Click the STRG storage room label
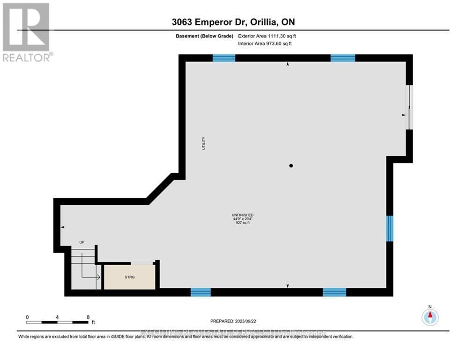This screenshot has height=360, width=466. click(x=130, y=277)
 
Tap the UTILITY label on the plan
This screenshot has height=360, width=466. click(x=204, y=143)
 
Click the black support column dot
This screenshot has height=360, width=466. click(x=291, y=165)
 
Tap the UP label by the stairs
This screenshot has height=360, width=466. click(x=81, y=242)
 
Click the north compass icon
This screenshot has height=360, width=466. click(x=429, y=317)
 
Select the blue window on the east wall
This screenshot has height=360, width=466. click(x=390, y=228)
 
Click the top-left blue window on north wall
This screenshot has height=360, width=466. click(x=223, y=58)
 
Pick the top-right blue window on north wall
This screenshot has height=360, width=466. click(x=343, y=58)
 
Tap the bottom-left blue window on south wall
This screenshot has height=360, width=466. click(x=200, y=292)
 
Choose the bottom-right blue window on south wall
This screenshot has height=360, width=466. click(x=334, y=292)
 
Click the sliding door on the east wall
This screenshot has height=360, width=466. click(x=410, y=107)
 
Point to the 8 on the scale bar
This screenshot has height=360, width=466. click(x=88, y=317)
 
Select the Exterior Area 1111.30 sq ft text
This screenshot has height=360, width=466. click(x=266, y=36)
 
